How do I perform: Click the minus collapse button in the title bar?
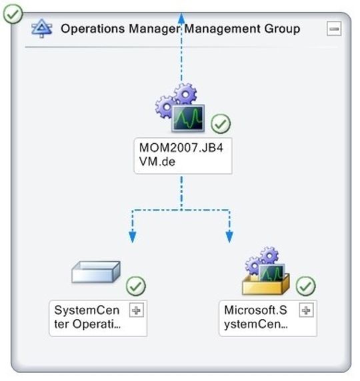click(334, 29)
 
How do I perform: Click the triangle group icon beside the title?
click(41, 29)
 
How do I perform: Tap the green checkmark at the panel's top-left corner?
click(13, 14)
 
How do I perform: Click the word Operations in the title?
click(93, 29)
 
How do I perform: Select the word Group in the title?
click(282, 29)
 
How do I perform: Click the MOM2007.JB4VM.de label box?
click(183, 156)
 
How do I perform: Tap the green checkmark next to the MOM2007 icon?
click(221, 124)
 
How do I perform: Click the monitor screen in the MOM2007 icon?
click(188, 119)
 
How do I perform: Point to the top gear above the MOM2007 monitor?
click(185, 94)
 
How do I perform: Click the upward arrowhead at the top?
click(181, 17)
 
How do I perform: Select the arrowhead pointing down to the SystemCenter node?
click(132, 237)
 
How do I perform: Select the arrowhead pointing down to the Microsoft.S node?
click(229, 237)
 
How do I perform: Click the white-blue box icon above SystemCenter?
click(96, 272)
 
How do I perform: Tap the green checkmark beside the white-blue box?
click(136, 286)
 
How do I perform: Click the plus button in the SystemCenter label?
click(136, 310)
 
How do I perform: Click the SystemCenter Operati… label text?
click(87, 317)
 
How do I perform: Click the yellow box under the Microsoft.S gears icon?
click(265, 285)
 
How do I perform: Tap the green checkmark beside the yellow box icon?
click(306, 286)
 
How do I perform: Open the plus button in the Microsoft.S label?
click(306, 310)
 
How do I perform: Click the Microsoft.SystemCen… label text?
click(256, 317)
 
